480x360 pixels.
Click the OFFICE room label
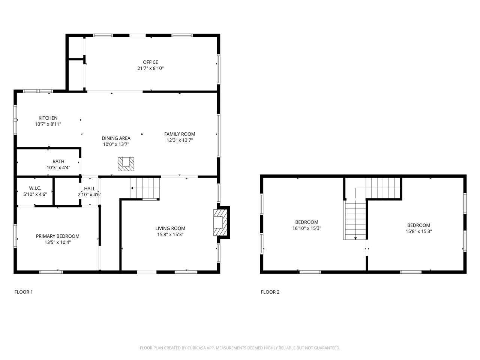click(x=150, y=62)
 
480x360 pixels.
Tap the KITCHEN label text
click(x=48, y=118)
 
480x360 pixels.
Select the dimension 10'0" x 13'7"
click(x=116, y=144)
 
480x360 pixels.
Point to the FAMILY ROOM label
click(x=180, y=134)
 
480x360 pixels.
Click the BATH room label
click(x=58, y=162)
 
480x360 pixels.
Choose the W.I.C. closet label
click(x=35, y=188)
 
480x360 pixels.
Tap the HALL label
click(x=90, y=189)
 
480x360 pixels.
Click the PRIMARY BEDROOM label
click(x=57, y=236)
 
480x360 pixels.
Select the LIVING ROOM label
click(x=170, y=228)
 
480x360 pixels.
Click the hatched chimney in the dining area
click(x=126, y=164)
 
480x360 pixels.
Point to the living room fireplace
click(x=220, y=222)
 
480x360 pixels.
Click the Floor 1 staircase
click(x=145, y=188)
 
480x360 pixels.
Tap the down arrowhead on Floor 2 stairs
click(x=355, y=238)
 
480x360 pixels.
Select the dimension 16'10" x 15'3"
click(x=307, y=228)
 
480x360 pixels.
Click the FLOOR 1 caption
click(x=24, y=292)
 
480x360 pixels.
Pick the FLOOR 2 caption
click(x=270, y=292)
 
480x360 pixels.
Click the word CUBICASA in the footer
click(x=196, y=348)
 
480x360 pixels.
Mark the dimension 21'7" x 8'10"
click(x=150, y=68)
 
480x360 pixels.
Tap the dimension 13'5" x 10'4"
click(x=58, y=242)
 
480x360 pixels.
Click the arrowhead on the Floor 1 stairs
click(x=132, y=188)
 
